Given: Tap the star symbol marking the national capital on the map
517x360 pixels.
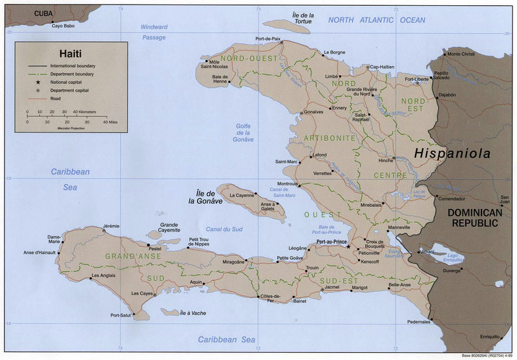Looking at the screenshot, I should pos(349,246).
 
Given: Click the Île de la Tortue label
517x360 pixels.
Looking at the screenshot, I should pos(302,18).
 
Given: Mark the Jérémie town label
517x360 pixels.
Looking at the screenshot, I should pos(111,226).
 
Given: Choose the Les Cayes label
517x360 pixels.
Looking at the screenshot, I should pos(142,293).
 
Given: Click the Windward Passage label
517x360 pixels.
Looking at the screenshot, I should pos(154,32).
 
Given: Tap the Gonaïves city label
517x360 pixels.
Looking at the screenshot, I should pos(314,112).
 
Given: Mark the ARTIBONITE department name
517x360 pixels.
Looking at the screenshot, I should pos(333,138).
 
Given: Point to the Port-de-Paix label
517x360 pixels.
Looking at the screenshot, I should pos(268,39).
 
